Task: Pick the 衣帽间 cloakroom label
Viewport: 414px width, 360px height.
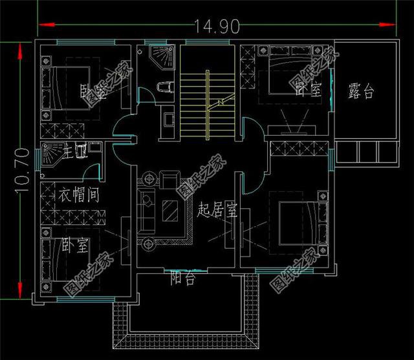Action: [x=79, y=196]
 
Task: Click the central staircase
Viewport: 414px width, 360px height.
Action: [x=206, y=103]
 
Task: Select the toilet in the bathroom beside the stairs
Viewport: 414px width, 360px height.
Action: [x=164, y=87]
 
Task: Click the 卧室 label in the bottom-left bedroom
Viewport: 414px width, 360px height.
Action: [x=76, y=246]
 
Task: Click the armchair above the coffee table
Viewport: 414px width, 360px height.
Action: [x=171, y=178]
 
